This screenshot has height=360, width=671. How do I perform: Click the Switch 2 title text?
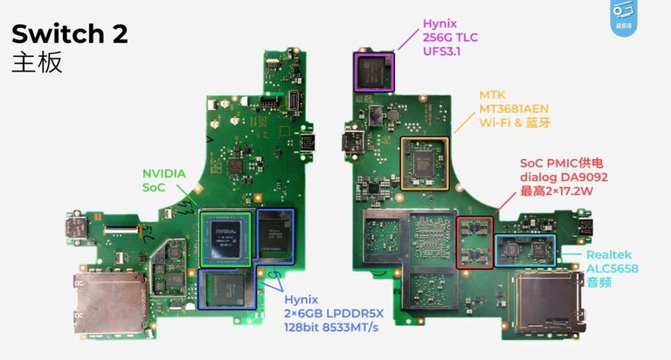click(x=69, y=34)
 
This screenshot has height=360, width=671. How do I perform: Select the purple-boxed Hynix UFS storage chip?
click(x=373, y=71)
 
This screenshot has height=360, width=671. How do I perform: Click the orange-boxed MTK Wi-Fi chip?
click(x=425, y=163)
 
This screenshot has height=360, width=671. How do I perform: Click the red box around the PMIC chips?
click(x=474, y=242)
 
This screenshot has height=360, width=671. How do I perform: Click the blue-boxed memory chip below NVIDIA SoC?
click(x=227, y=289)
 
